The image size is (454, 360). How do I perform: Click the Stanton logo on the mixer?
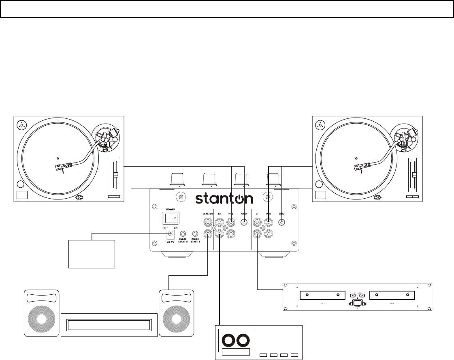(224, 199)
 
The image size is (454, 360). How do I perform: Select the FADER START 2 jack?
(183, 234)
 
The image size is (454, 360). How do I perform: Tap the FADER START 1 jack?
(195, 234)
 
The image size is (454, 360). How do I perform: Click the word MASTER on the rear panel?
(208, 213)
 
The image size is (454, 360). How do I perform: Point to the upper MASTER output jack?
(208, 223)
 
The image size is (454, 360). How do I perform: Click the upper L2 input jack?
(220, 223)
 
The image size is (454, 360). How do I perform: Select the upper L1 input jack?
(257, 223)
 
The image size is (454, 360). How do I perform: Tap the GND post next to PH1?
(282, 222)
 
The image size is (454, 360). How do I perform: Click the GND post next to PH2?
(244, 222)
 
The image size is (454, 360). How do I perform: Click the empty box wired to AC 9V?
(92, 254)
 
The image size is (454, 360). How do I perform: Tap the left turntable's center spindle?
(58, 158)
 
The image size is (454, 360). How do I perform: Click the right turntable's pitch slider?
(413, 174)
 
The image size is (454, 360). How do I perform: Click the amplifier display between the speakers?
(109, 325)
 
